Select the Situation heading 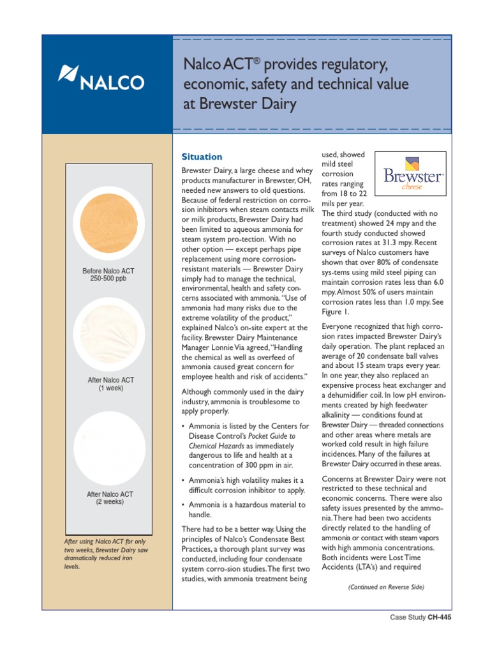tap(202, 156)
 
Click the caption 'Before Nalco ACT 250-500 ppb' tap(108, 275)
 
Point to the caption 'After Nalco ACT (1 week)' tap(108, 384)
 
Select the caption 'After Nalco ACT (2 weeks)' tap(108, 498)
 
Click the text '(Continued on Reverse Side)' tap(385, 587)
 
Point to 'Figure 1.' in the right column tap(336, 312)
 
